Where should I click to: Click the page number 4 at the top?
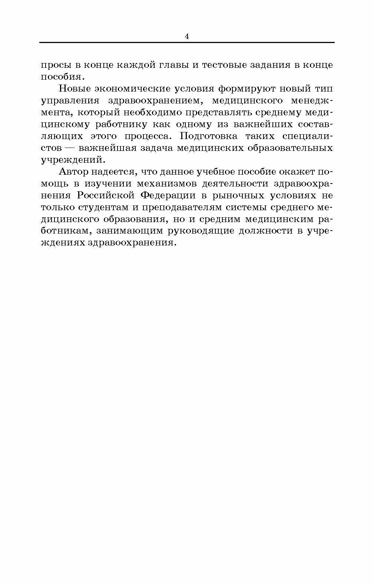click(x=186, y=36)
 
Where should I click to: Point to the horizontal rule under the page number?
click(x=186, y=43)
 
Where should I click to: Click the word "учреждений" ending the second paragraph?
click(x=70, y=160)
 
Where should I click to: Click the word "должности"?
click(x=266, y=231)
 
